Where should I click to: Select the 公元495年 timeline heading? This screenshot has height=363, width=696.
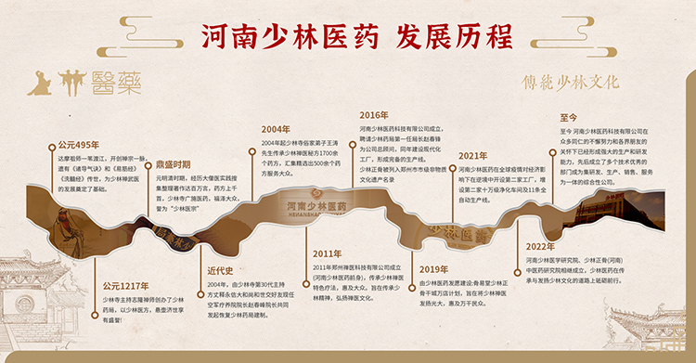pos(78,145)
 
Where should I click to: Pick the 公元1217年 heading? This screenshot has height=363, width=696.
pos(125,286)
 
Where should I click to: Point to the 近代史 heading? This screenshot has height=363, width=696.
pos(220,270)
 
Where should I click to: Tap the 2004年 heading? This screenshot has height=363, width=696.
pos(275,129)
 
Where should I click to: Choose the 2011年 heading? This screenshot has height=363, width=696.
pos(327,253)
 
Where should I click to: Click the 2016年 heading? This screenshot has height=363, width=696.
pos(373,115)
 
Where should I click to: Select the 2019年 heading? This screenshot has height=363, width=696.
pos(433,268)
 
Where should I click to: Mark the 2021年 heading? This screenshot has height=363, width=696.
pos(472,156)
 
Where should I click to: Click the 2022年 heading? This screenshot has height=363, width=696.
pos(539,246)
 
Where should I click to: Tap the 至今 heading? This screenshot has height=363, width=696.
pos(569,118)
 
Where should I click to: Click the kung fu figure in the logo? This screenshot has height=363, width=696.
pos(39,83)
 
